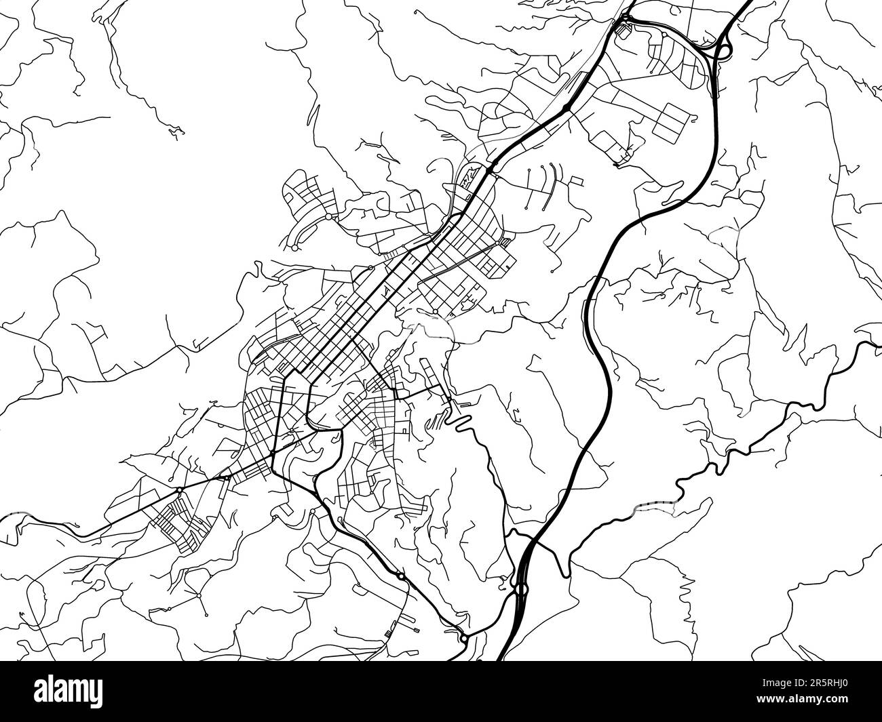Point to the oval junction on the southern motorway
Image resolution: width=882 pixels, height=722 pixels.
(x=521, y=588)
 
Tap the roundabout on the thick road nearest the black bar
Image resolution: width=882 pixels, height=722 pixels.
(x=463, y=638)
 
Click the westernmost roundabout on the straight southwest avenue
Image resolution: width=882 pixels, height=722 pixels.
(x=178, y=489)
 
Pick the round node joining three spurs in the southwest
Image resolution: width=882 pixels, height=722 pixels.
(x=198, y=595)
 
